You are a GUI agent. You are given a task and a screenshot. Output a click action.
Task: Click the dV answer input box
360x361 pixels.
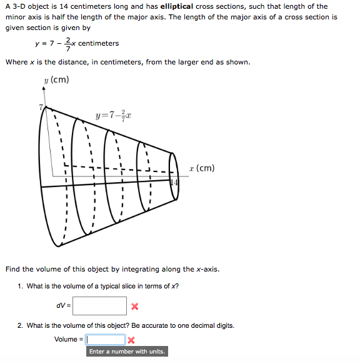pos(99,306)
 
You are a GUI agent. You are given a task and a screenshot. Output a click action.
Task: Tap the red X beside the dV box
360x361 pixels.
pos(134,306)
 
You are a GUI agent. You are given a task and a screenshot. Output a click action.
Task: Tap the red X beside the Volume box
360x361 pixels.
pos(131,340)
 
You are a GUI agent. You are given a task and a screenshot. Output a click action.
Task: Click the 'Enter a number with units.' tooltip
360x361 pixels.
pos(127,352)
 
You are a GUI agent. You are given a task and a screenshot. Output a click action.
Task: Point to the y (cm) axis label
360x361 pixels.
pos(57,80)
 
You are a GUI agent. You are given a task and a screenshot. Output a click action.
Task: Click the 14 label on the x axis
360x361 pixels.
pos(174,181)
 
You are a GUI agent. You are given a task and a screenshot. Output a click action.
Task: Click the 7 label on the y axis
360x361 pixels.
pos(40,108)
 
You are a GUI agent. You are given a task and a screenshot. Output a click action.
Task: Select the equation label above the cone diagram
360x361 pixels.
pos(113,116)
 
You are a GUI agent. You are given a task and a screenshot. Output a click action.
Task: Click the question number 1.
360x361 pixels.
pos(21,286)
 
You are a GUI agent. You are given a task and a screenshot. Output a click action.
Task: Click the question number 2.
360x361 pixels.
pos(21,325)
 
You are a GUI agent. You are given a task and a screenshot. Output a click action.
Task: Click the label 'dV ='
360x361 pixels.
pos(64,306)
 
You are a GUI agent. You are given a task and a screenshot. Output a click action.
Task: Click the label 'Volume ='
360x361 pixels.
pos(69,340)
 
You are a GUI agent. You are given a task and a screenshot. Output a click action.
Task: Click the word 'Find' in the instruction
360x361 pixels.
pos(12,269)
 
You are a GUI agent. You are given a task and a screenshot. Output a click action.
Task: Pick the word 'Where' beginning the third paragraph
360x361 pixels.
pos(16,62)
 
